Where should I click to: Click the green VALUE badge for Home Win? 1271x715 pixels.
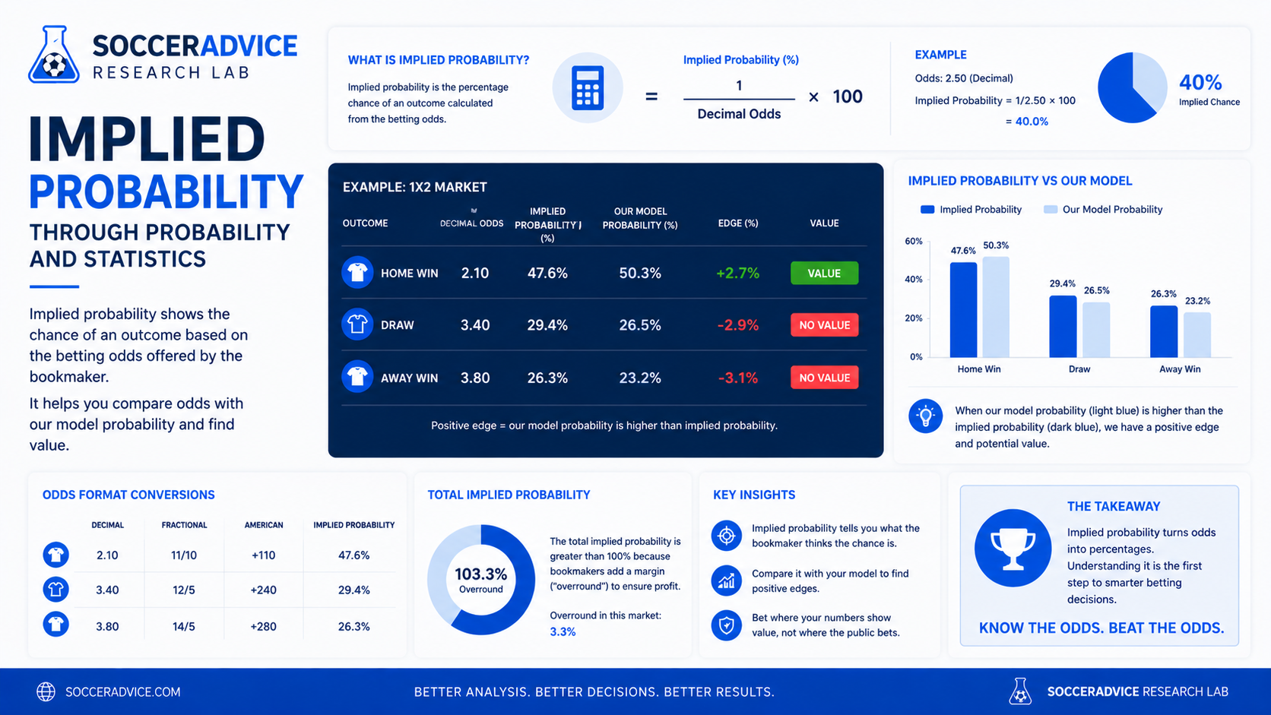tap(824, 274)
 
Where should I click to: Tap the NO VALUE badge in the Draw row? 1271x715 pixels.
tap(824, 325)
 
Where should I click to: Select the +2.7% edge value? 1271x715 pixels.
tap(737, 274)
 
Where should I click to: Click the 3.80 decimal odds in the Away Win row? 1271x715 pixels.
tap(475, 378)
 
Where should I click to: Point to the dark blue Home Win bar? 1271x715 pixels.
tap(963, 309)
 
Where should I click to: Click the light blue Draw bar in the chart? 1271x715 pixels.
tap(1096, 330)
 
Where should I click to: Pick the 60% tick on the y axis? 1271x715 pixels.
tap(914, 241)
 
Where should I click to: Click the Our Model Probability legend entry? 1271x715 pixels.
tap(1103, 209)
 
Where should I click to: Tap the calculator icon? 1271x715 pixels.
tap(588, 88)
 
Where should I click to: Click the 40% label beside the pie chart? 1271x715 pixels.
tap(1200, 83)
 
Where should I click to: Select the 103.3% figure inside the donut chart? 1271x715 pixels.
tap(480, 574)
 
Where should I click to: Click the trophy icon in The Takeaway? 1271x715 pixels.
tap(1013, 548)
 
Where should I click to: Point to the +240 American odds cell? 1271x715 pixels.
tap(263, 590)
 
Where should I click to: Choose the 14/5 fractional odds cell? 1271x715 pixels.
tap(184, 626)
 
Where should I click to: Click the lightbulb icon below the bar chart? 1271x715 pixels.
tap(925, 416)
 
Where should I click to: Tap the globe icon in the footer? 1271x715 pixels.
tap(46, 691)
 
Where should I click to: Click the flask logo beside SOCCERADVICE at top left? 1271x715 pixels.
tap(54, 55)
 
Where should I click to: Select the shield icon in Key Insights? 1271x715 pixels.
tap(726, 625)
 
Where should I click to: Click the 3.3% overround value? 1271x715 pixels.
tap(563, 631)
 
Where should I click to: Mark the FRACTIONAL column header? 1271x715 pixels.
tap(184, 525)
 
